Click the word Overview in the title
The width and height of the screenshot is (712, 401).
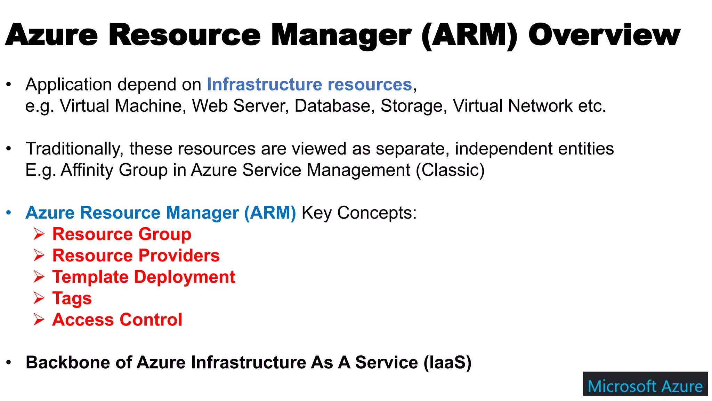click(x=604, y=35)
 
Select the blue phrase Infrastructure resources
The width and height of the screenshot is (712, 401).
click(x=309, y=85)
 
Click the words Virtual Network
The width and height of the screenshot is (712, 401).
click(x=512, y=106)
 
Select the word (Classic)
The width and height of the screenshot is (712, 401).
click(x=450, y=170)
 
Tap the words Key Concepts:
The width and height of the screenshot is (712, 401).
click(x=359, y=213)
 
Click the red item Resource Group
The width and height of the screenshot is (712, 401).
click(x=122, y=234)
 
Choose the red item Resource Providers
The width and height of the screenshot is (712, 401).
click(x=136, y=255)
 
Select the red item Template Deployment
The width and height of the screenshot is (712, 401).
click(x=144, y=277)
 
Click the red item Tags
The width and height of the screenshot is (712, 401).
click(x=72, y=299)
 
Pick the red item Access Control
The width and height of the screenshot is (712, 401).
click(x=117, y=320)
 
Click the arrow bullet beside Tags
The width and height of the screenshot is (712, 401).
click(x=39, y=298)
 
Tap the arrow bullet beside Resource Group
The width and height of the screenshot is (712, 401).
click(x=39, y=234)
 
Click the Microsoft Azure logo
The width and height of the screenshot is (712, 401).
click(x=645, y=384)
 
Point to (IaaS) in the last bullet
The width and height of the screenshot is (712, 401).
click(x=447, y=363)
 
